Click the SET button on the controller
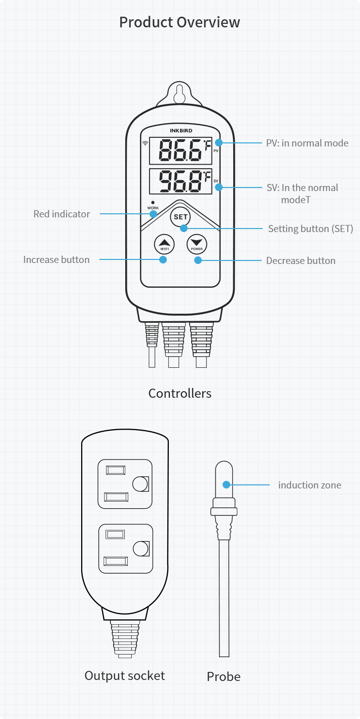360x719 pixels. (x=181, y=216)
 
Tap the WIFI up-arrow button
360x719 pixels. (x=164, y=244)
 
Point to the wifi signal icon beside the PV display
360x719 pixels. (x=146, y=143)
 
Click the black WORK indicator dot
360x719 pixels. (x=153, y=203)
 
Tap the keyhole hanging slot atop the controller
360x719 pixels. (x=179, y=95)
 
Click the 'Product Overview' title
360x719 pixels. (x=179, y=22)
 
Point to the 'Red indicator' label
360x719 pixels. (x=61, y=214)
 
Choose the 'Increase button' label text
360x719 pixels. (x=56, y=259)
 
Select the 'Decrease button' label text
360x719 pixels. (x=301, y=260)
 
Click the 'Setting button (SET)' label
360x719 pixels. (x=310, y=229)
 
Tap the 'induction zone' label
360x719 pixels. (x=309, y=485)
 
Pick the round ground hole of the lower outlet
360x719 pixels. (x=140, y=548)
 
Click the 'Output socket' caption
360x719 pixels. (x=125, y=675)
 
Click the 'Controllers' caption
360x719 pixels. (x=179, y=393)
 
